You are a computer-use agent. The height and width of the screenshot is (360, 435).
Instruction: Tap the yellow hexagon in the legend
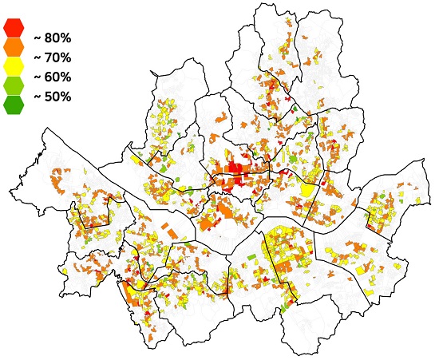(14, 65)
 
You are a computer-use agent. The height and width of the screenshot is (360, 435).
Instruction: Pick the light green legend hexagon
(14, 85)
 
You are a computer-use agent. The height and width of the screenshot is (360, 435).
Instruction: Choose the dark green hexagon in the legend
(14, 104)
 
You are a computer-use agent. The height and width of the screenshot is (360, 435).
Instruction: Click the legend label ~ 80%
(53, 38)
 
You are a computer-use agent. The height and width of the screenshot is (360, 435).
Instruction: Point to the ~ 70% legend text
(53, 57)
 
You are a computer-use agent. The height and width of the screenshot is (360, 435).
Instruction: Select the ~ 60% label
(53, 77)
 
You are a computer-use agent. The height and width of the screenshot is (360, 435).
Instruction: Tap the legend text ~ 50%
(53, 97)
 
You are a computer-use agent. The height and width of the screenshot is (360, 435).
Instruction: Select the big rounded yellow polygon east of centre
(307, 192)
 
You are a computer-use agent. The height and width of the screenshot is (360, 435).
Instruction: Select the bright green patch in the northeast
(296, 109)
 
